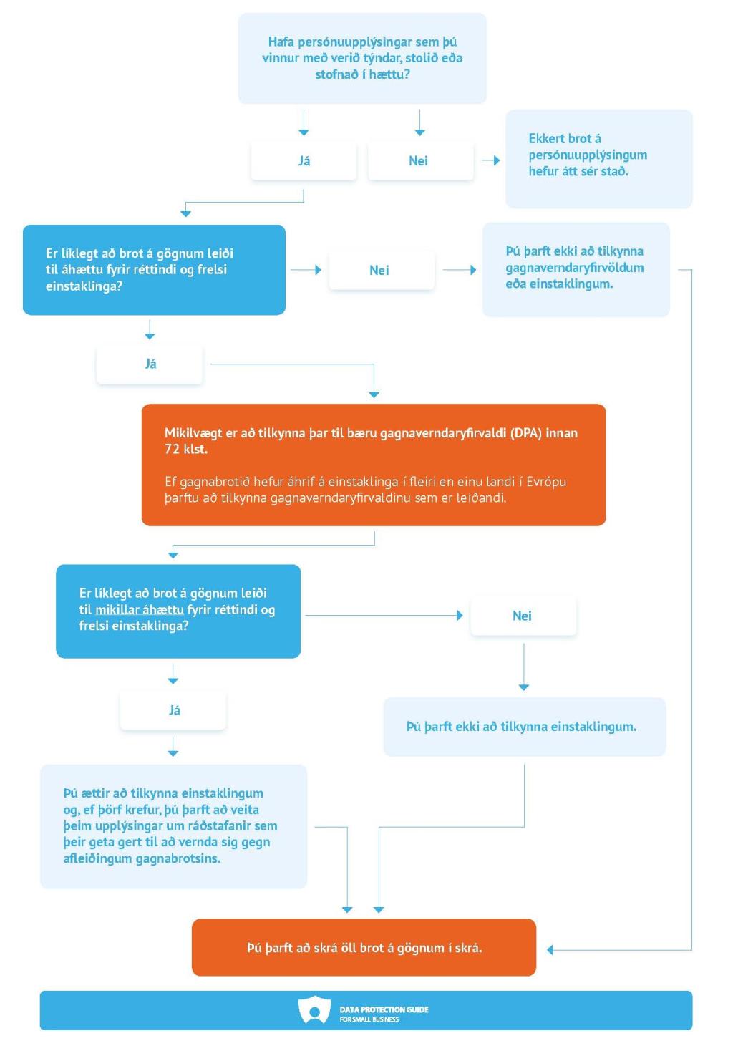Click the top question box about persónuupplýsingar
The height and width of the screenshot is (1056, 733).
click(x=361, y=58)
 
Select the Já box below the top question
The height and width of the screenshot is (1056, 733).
click(x=304, y=161)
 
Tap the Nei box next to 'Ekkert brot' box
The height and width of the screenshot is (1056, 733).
click(x=420, y=161)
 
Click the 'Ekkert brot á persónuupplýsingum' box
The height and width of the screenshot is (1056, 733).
click(x=598, y=159)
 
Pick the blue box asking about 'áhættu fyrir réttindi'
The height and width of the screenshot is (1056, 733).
click(x=154, y=270)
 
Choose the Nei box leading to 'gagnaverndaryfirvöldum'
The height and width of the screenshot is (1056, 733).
click(x=382, y=270)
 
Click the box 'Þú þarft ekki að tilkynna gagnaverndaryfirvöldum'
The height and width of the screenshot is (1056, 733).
click(x=576, y=270)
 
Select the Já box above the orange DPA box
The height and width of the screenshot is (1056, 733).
click(x=150, y=364)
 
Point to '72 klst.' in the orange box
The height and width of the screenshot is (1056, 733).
click(x=185, y=449)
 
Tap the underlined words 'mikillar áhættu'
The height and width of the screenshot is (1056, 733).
click(x=139, y=609)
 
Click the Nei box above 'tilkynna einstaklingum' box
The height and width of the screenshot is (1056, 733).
click(x=523, y=616)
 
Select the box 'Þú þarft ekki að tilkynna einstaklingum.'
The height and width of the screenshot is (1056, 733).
click(x=524, y=727)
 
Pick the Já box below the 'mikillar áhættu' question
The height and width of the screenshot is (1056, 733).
click(x=173, y=710)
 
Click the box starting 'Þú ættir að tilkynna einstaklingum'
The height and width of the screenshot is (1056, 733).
click(x=173, y=826)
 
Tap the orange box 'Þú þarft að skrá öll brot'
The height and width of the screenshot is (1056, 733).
click(x=364, y=947)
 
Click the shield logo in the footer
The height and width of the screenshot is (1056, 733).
click(x=314, y=1009)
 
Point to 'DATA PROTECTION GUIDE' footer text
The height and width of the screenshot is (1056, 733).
click(x=384, y=1009)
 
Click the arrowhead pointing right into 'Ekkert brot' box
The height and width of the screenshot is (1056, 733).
click(x=496, y=160)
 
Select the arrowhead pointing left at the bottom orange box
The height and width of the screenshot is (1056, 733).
click(x=550, y=949)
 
